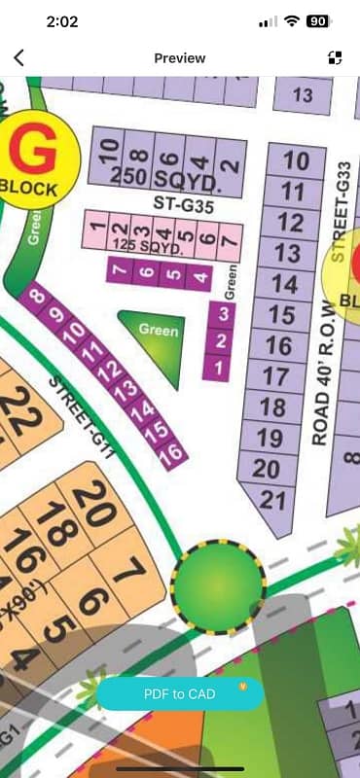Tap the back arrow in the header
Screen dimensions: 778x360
click(x=19, y=58)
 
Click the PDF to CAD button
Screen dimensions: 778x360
click(x=180, y=693)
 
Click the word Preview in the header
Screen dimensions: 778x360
click(x=180, y=58)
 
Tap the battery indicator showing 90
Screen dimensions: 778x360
click(x=317, y=20)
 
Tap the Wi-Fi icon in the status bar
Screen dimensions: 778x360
click(x=291, y=20)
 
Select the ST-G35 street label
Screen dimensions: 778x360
click(x=183, y=204)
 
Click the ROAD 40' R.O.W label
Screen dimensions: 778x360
click(x=322, y=370)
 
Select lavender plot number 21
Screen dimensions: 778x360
click(x=273, y=500)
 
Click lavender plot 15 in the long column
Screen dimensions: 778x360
click(x=282, y=315)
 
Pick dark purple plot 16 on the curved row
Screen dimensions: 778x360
click(x=170, y=452)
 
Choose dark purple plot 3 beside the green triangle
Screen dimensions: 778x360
click(x=224, y=313)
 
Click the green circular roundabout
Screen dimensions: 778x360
click(x=217, y=585)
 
